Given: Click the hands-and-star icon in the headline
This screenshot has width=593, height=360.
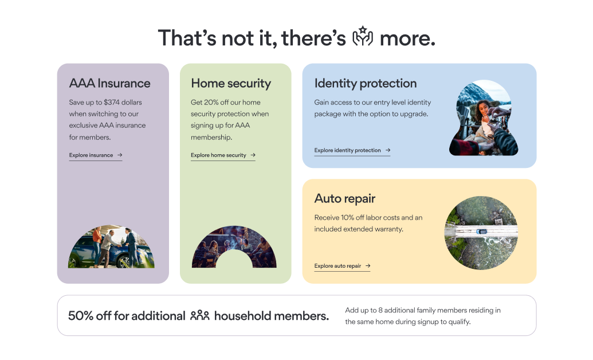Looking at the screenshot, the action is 363,37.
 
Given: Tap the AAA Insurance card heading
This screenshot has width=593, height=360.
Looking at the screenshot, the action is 109,83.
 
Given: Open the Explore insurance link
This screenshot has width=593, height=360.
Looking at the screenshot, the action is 96,155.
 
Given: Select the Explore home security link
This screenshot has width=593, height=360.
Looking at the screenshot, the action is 223,155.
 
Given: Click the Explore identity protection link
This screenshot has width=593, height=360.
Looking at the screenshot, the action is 352,150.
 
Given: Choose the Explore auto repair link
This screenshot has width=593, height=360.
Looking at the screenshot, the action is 342,266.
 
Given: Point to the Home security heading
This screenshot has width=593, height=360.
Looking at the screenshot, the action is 231,83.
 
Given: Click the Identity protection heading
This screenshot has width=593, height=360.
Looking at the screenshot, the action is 366,83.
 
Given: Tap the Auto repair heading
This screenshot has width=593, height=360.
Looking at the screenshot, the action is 345,199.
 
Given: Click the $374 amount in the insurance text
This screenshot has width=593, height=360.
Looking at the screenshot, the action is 112,102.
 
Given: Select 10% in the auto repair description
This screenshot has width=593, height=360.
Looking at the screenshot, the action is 347,218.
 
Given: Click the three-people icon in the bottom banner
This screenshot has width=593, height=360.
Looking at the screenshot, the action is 200,315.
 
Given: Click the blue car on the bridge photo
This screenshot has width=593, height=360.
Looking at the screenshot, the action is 481,231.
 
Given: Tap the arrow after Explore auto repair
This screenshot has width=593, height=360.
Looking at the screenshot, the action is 368,266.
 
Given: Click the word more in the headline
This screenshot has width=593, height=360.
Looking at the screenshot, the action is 407,38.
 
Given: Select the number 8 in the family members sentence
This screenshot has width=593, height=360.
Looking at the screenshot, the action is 380,310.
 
